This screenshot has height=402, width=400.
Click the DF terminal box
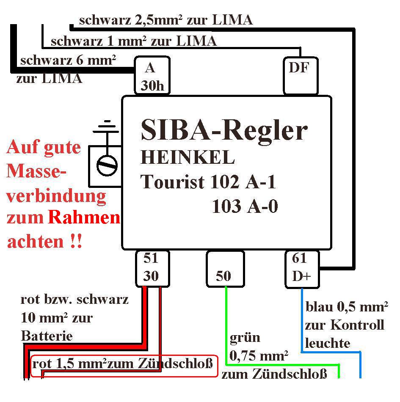[x=301, y=76]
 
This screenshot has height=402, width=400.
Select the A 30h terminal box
[x=152, y=75]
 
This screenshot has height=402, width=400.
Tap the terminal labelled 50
[x=225, y=269]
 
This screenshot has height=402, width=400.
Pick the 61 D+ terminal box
[x=302, y=270]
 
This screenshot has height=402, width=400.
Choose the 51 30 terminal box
[x=152, y=269]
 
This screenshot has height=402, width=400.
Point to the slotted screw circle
[x=107, y=165]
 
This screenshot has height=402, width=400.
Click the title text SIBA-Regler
[x=224, y=130]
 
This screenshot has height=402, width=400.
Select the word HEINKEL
[x=188, y=157]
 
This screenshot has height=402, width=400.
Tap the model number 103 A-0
[x=245, y=206]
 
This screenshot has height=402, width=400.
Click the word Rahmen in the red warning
[x=84, y=218]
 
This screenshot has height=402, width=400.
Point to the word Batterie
[x=47, y=336]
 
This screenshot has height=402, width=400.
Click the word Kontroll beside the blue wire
[x=357, y=325]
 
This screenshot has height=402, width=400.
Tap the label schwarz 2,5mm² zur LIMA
[x=166, y=20]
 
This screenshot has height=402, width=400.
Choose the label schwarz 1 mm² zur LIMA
[x=134, y=41]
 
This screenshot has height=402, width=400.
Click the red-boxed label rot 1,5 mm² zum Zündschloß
[x=123, y=364]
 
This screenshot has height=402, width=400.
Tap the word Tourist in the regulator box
[x=172, y=182]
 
